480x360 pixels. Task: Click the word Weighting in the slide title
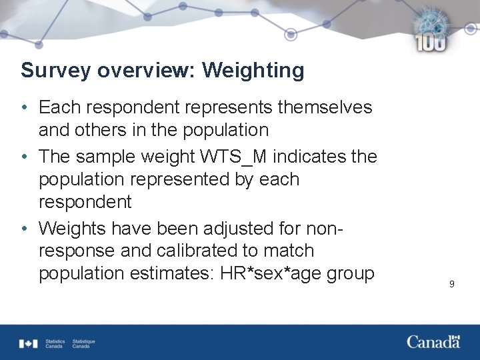(253, 71)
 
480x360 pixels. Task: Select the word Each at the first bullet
(58, 107)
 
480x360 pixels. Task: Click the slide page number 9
(451, 284)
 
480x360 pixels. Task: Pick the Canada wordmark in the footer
(433, 342)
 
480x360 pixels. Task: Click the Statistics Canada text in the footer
(54, 344)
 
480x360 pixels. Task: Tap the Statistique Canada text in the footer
(83, 344)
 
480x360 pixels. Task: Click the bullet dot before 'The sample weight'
(24, 157)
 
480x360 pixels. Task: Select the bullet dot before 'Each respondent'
(24, 108)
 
